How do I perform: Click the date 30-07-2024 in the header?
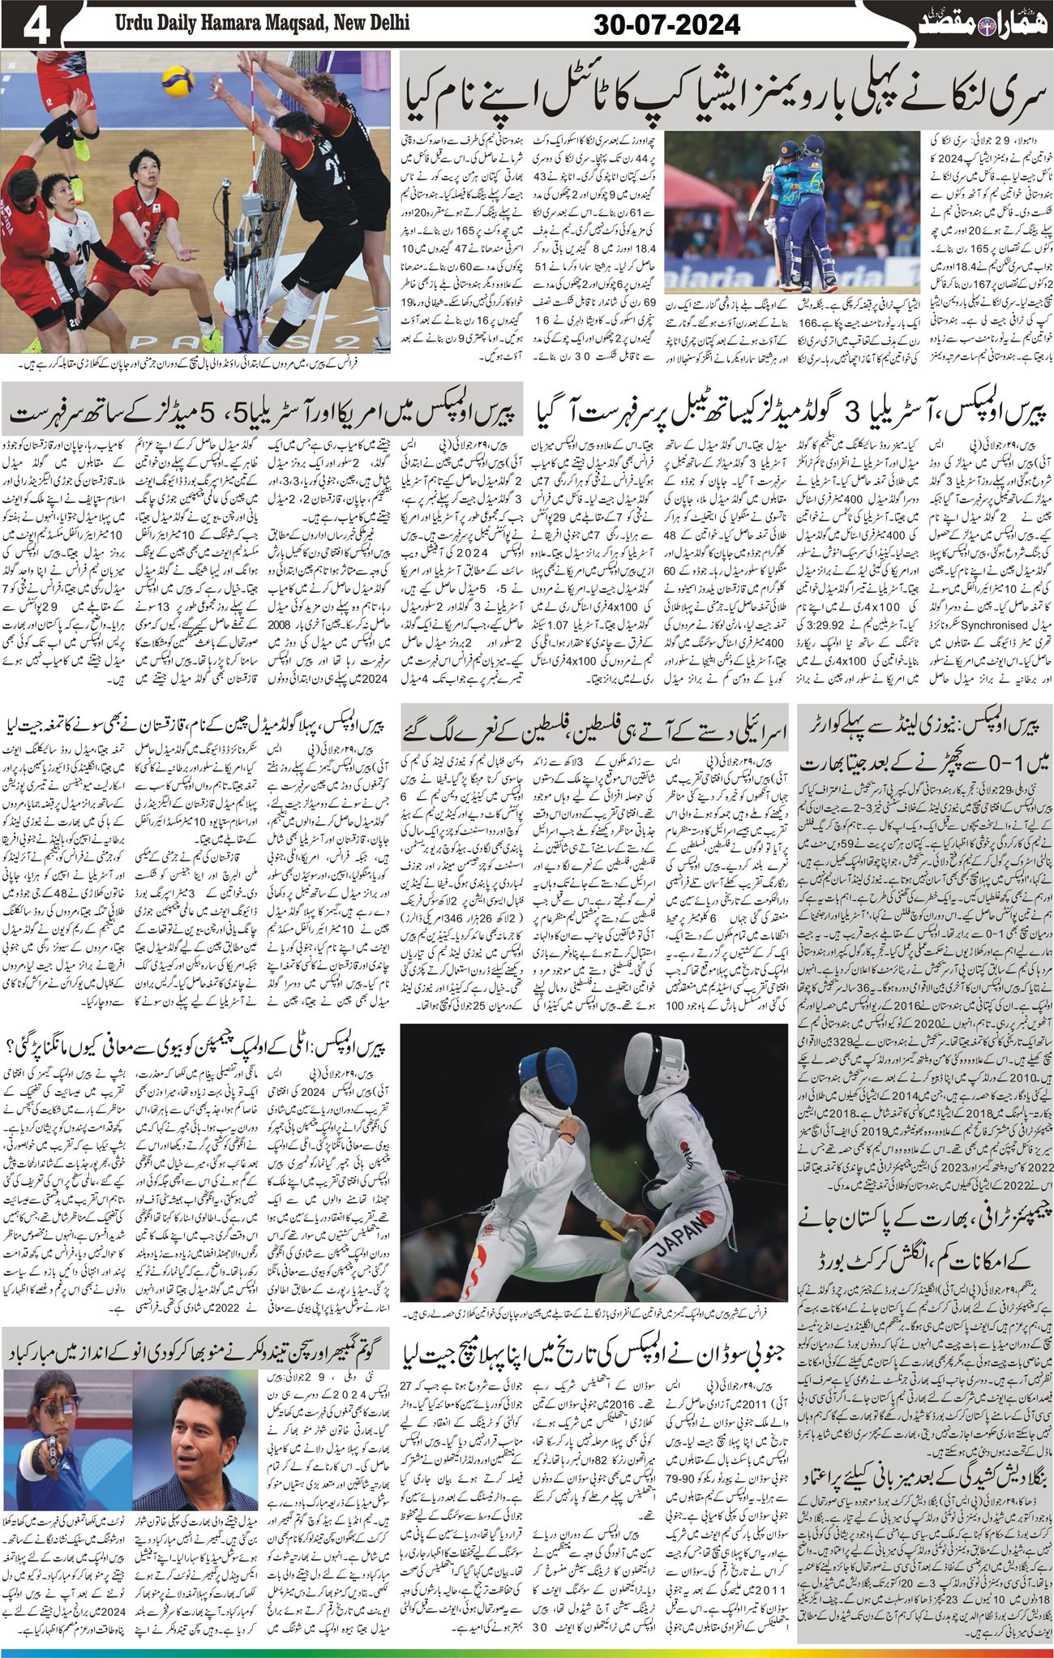(x=666, y=25)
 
